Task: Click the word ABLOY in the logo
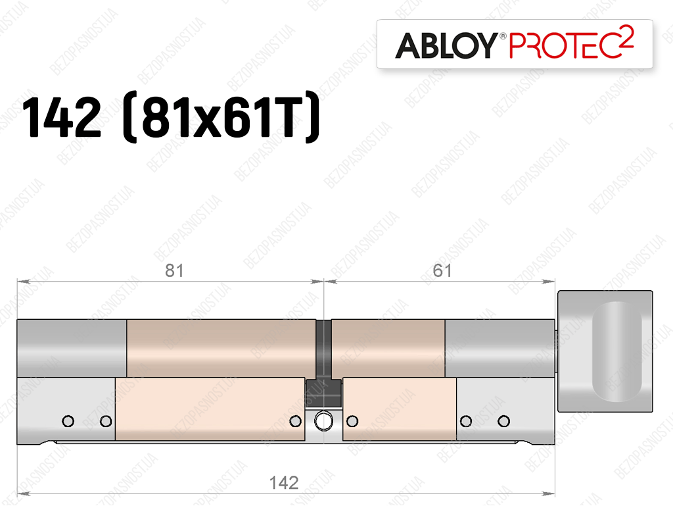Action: click(x=446, y=45)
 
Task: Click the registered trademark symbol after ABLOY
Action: click(x=503, y=36)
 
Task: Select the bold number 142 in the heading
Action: click(x=61, y=117)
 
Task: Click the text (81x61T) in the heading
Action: click(x=221, y=117)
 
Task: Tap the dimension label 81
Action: click(x=174, y=270)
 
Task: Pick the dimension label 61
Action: click(x=442, y=270)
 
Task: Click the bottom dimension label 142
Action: click(x=284, y=483)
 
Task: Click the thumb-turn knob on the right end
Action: click(x=605, y=351)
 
